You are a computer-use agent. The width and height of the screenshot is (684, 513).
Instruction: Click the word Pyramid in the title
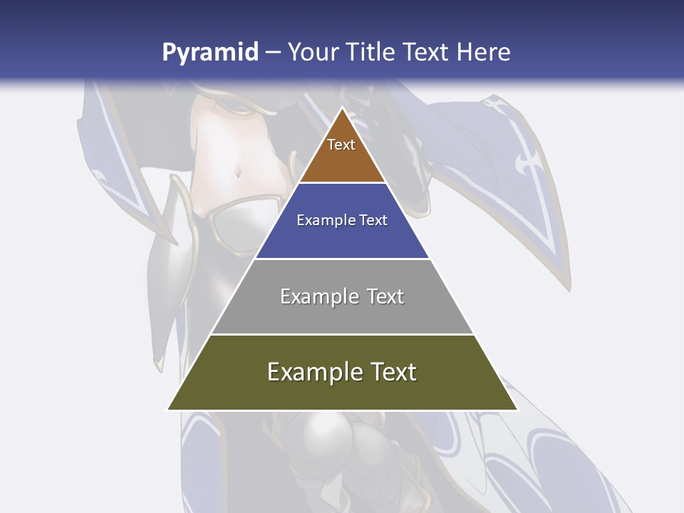pyautogui.click(x=210, y=53)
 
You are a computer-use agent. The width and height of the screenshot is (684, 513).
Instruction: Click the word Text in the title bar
pyautogui.click(x=427, y=53)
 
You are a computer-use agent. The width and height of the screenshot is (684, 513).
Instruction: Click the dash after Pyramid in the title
pyautogui.click(x=272, y=53)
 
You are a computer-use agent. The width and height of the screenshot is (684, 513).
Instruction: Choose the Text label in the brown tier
pyautogui.click(x=341, y=145)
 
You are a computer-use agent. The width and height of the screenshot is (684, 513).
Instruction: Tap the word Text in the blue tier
pyautogui.click(x=374, y=221)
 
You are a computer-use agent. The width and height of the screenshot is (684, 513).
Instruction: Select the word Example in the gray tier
pyautogui.click(x=317, y=296)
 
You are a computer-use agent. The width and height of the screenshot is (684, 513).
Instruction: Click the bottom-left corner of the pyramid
pyautogui.click(x=167, y=410)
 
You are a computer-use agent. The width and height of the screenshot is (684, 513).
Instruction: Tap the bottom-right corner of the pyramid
pyautogui.click(x=517, y=410)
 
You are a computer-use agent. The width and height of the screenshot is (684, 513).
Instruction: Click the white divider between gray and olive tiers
pyautogui.click(x=342, y=334)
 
